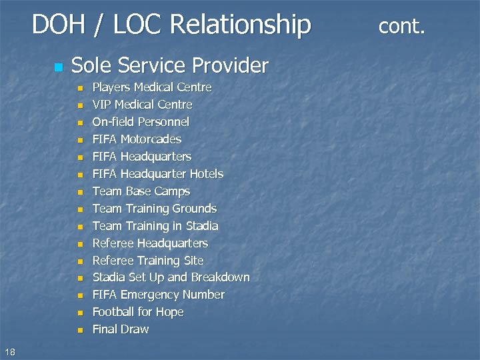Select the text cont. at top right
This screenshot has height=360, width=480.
click(401, 26)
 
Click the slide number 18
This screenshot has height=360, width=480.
click(9, 352)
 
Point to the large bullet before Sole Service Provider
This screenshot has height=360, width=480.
click(58, 67)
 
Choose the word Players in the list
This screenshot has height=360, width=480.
click(111, 88)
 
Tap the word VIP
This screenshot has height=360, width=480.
click(101, 105)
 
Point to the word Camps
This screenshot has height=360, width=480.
click(172, 191)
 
